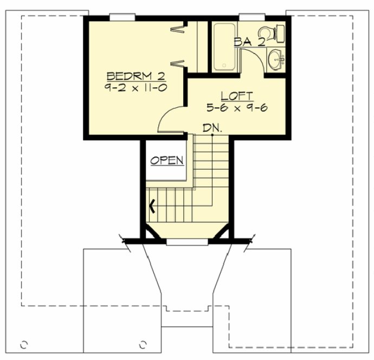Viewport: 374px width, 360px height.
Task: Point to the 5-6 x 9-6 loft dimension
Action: click(x=237, y=107)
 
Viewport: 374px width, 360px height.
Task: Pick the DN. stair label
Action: click(x=212, y=128)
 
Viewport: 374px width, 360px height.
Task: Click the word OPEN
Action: click(x=167, y=160)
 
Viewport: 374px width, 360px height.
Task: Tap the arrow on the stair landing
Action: click(x=153, y=205)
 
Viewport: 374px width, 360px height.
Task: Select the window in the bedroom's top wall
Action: click(x=122, y=16)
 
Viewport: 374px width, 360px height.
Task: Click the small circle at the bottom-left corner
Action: click(x=23, y=344)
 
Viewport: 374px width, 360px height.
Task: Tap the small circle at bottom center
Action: click(x=143, y=344)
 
